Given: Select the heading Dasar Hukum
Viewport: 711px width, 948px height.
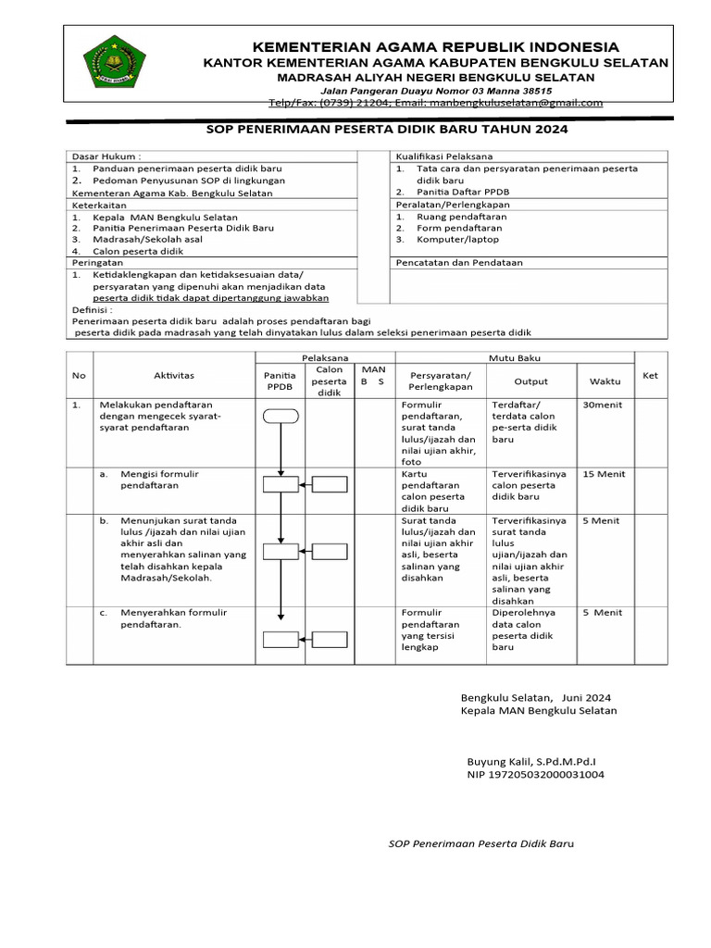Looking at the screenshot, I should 107,156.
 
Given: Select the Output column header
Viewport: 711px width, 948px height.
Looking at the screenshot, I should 531,380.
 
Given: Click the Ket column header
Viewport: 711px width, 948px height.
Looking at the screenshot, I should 650,375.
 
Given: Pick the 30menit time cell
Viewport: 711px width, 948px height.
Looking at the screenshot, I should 605,405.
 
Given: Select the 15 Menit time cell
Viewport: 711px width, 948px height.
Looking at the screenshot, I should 604,474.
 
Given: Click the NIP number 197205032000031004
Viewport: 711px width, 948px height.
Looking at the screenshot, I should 536,774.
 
